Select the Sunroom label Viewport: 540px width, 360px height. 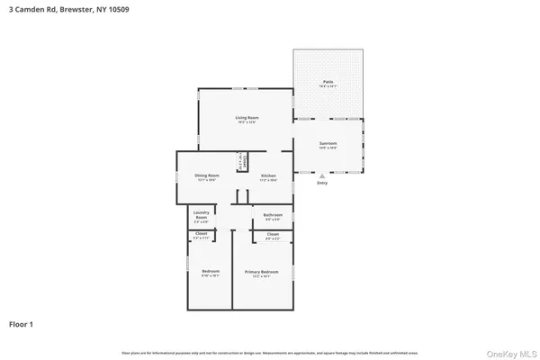pyautogui.click(x=328, y=144)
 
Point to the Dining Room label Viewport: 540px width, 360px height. pyautogui.click(x=208, y=175)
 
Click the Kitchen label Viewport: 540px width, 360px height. pyautogui.click(x=268, y=175)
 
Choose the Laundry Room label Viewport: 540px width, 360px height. pyautogui.click(x=202, y=217)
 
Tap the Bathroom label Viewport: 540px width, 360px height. pyautogui.click(x=273, y=215)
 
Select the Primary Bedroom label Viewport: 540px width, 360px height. pyautogui.click(x=262, y=272)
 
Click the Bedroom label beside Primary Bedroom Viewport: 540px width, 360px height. pyautogui.click(x=210, y=272)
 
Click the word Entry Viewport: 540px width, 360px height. pyautogui.click(x=322, y=183)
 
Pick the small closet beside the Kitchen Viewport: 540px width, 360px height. pyautogui.click(x=241, y=162)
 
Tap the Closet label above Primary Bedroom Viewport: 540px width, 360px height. pyautogui.click(x=272, y=236)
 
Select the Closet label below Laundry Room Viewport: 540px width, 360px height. pyautogui.click(x=202, y=235)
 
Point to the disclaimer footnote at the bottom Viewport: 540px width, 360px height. pyautogui.click(x=269, y=351)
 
